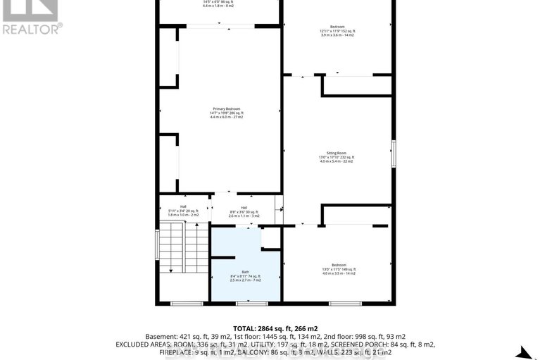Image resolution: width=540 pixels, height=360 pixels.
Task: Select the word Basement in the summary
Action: click(159, 336)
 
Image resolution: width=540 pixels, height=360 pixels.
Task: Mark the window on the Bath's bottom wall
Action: click(246, 303)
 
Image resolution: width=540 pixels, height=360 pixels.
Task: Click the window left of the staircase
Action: click(156, 247)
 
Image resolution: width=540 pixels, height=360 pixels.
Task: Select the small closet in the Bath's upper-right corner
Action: click(270, 238)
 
